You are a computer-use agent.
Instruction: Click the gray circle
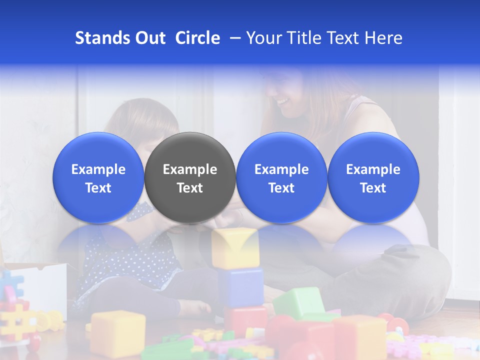pyautogui.click(x=190, y=177)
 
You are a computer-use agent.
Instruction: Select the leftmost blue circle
pyautogui.click(x=98, y=177)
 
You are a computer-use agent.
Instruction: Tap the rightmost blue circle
pyautogui.click(x=373, y=177)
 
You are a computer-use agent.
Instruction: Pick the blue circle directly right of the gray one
pyautogui.click(x=281, y=177)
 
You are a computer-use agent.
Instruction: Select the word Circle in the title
pyautogui.click(x=197, y=38)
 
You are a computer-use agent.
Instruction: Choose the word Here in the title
pyautogui.click(x=384, y=38)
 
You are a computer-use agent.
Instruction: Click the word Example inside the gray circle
pyautogui.click(x=190, y=169)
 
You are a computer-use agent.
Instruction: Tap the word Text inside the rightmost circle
pyautogui.click(x=373, y=188)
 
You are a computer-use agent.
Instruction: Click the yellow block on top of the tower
pyautogui.click(x=235, y=247)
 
